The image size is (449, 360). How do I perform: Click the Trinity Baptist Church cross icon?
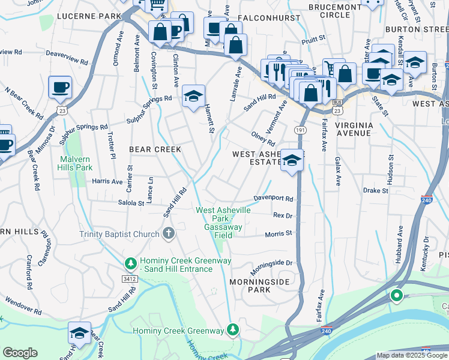click(x=169, y=233)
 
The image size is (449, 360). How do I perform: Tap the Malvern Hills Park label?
click(x=76, y=163)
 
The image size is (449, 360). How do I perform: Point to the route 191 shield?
click(x=300, y=130)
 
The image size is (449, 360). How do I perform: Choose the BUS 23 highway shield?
click(x=338, y=109)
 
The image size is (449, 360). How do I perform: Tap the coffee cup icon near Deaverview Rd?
click(x=60, y=87)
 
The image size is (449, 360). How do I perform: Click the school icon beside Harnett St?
click(x=193, y=96)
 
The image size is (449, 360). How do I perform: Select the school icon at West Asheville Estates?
click(x=292, y=160)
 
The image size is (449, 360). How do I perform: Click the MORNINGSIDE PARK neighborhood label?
click(x=260, y=285)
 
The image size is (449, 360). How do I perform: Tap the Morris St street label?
click(x=279, y=233)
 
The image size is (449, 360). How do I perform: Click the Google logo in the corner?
click(x=20, y=353)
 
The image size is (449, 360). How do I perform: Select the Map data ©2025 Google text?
click(x=412, y=355)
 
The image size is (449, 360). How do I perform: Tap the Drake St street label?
click(x=376, y=191)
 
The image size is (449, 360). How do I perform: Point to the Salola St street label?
click(x=131, y=203)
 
